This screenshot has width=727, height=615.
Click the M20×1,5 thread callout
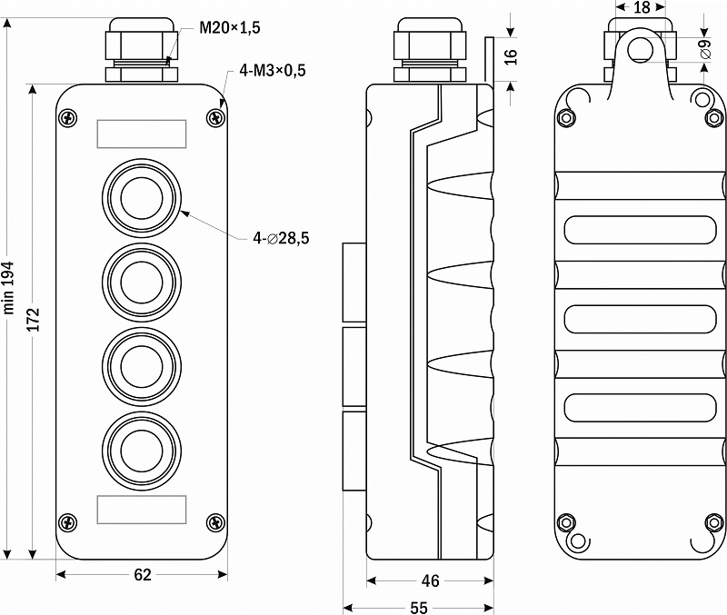[230, 28]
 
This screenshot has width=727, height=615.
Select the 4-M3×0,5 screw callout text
[273, 71]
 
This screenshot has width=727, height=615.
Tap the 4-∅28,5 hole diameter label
[281, 238]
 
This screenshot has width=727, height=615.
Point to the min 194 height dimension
[9, 288]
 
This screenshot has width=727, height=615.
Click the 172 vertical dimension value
[34, 320]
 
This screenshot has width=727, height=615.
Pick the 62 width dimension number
[143, 575]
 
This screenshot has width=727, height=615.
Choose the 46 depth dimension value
[430, 580]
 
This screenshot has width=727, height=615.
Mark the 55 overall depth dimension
[419, 607]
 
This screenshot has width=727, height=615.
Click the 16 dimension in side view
[510, 56]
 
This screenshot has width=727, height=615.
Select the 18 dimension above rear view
[642, 7]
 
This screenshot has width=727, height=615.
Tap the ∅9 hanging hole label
[705, 49]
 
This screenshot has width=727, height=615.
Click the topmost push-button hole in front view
[142, 198]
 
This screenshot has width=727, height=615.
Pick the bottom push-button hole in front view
[142, 451]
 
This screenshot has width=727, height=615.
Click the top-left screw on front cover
[68, 117]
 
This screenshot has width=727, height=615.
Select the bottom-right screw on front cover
[215, 522]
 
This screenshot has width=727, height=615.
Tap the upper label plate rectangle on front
[142, 134]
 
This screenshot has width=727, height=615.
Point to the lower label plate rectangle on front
[142, 510]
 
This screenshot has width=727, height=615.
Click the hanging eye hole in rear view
[641, 49]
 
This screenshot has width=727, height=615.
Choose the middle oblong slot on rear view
[640, 319]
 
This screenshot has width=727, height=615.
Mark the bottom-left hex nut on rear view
[565, 522]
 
